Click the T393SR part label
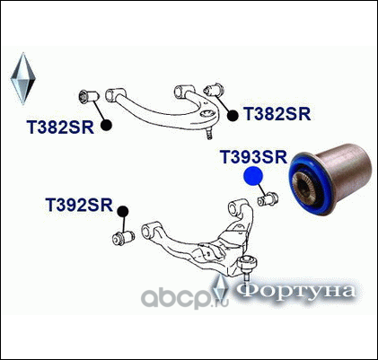[x=253, y=157]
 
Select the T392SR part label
[x=79, y=205]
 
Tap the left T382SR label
[x=60, y=127]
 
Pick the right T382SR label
[x=277, y=114]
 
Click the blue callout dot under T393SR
[x=253, y=176]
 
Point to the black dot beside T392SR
[x=123, y=212]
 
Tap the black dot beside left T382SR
[x=106, y=126]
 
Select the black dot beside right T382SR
[x=233, y=116]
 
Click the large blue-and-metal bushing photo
[x=330, y=179]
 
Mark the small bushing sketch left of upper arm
[x=89, y=96]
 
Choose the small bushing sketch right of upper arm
[x=214, y=89]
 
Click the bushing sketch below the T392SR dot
[x=123, y=238]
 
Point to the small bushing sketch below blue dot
[x=268, y=199]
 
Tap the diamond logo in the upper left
[x=22, y=78]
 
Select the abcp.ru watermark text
[x=185, y=297]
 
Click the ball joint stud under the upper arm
[x=209, y=134]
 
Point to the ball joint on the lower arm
[x=247, y=267]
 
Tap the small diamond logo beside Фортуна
[x=221, y=287]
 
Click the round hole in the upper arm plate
[x=207, y=114]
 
